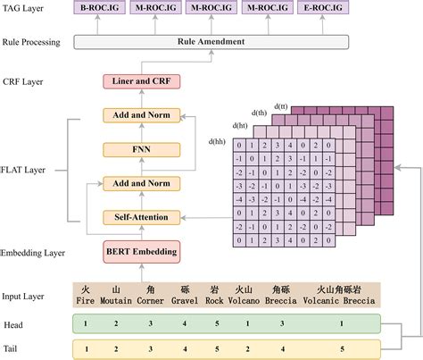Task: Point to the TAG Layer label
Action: (x=25, y=10)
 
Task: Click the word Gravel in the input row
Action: (x=185, y=300)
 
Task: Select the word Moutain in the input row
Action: (x=116, y=300)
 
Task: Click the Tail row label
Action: (x=13, y=348)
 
